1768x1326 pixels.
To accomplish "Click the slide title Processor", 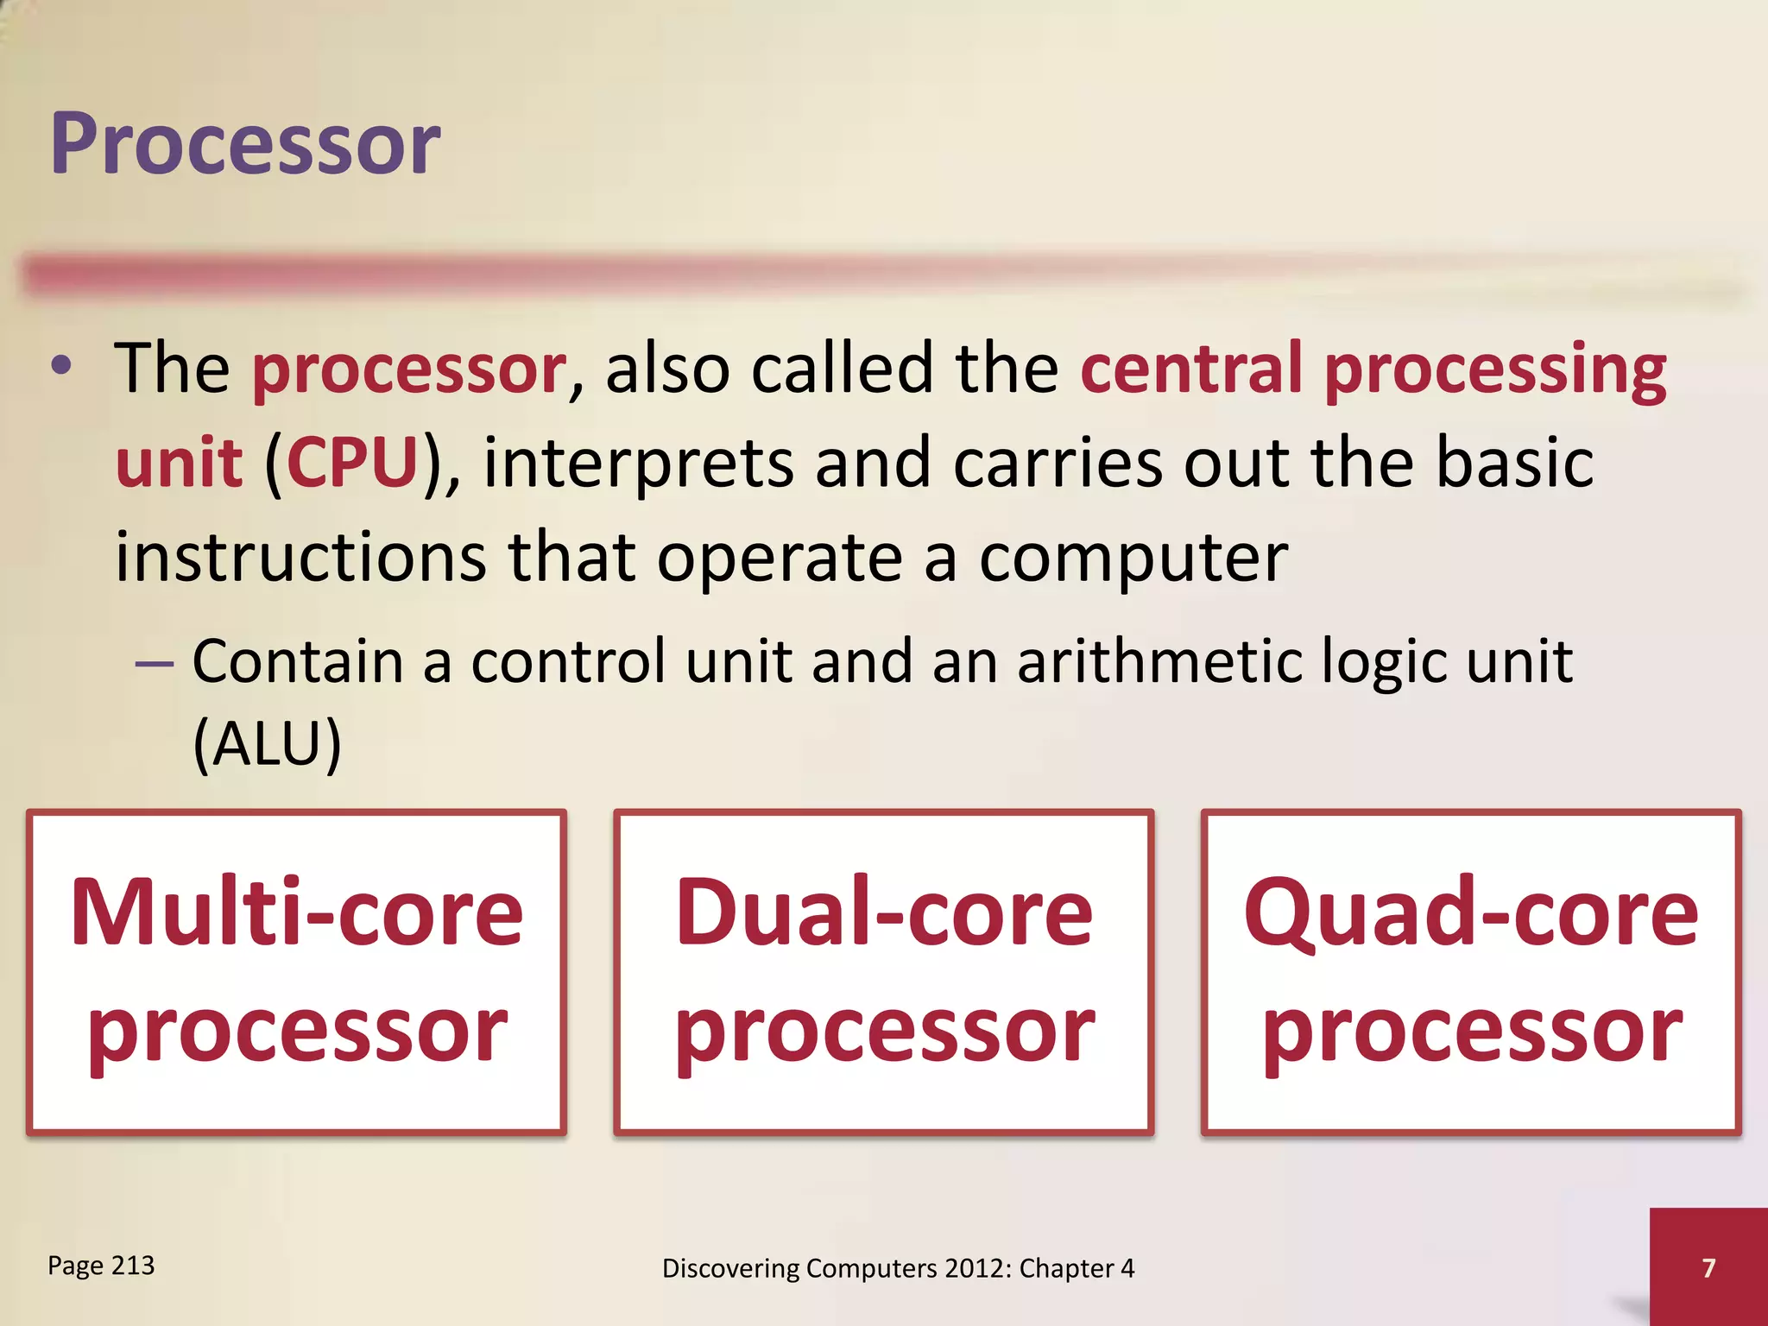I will click(x=245, y=145).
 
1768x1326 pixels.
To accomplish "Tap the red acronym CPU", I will click(x=352, y=464).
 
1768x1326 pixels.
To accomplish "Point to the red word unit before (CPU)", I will click(x=179, y=464).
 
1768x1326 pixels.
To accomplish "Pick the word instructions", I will click(x=300, y=558).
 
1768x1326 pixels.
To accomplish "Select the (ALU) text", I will click(x=267, y=744).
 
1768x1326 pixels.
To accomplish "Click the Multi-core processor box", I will click(x=296, y=971).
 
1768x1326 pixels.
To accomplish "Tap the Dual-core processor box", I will click(x=883, y=971).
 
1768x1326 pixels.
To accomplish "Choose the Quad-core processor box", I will click(x=1470, y=971).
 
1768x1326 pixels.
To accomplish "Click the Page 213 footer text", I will click(x=101, y=1266).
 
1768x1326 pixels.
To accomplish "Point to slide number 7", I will click(x=1708, y=1267).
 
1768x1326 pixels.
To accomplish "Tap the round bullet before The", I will click(x=60, y=367).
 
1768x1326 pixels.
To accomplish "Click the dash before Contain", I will click(x=155, y=663).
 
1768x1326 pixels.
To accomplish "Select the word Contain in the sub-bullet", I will click(x=298, y=661).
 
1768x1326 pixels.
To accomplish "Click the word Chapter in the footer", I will click(x=1066, y=1269).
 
